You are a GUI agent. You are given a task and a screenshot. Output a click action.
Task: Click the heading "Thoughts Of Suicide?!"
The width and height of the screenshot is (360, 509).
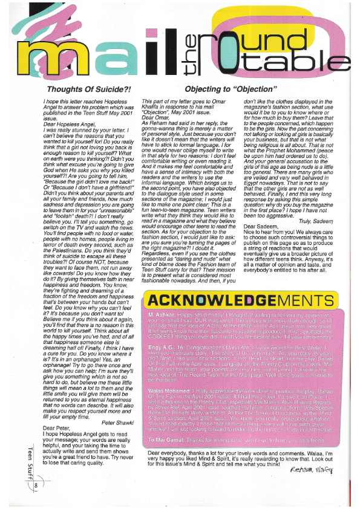tap(82, 89)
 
